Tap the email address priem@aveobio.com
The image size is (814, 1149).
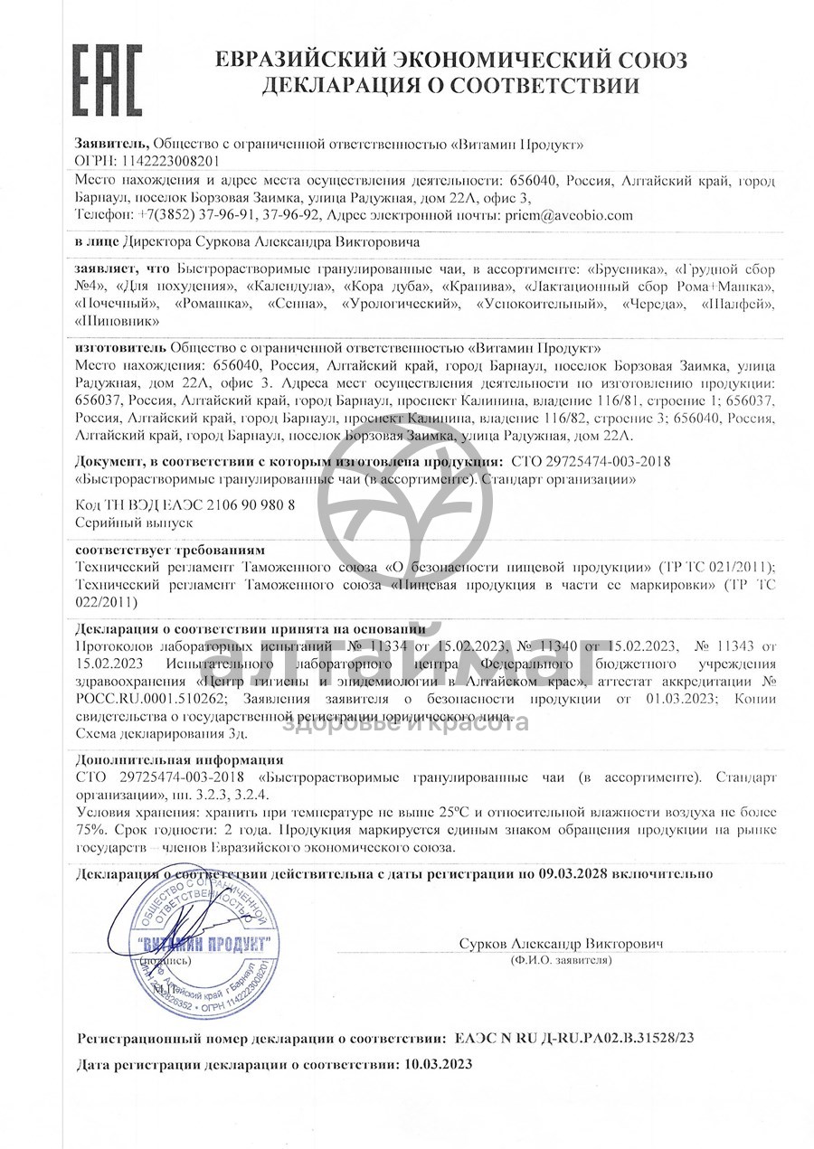(x=571, y=216)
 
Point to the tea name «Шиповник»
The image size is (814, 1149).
(x=118, y=321)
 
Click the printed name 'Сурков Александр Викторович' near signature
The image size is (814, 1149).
(x=561, y=943)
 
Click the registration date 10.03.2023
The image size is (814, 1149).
(x=436, y=1065)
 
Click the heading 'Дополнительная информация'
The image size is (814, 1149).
(x=179, y=759)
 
